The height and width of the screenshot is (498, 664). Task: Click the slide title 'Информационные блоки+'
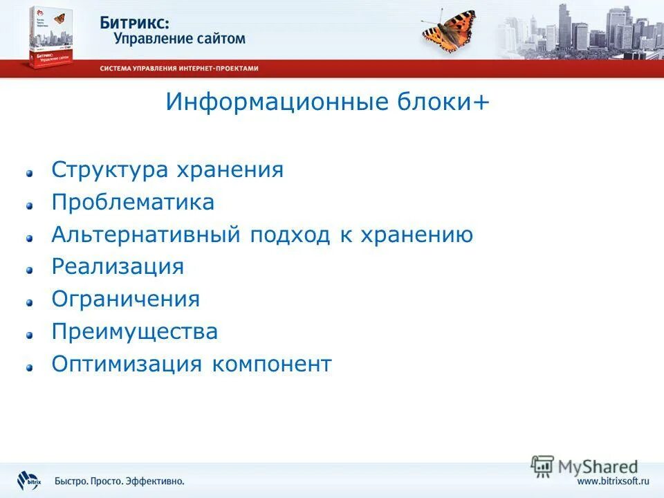click(x=327, y=102)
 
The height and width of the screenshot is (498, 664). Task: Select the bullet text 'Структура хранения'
click(x=167, y=170)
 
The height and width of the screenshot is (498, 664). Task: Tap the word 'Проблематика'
click(x=133, y=203)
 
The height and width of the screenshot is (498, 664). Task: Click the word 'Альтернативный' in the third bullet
click(x=142, y=235)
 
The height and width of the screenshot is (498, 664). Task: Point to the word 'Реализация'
click(x=118, y=267)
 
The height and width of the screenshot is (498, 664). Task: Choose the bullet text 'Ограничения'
click(x=125, y=299)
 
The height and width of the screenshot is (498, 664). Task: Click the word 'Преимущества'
click(x=135, y=332)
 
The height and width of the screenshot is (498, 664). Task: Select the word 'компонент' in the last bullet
click(x=272, y=364)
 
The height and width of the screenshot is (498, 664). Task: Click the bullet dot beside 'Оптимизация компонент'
click(x=30, y=367)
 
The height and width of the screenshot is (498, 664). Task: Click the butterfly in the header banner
click(x=449, y=29)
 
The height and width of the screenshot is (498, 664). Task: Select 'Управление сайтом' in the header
click(x=179, y=39)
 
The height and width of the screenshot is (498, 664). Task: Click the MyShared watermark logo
click(x=584, y=465)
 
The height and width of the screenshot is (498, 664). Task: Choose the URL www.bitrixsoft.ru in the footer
click(x=614, y=481)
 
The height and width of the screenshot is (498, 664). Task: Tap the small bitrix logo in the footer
click(x=30, y=479)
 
